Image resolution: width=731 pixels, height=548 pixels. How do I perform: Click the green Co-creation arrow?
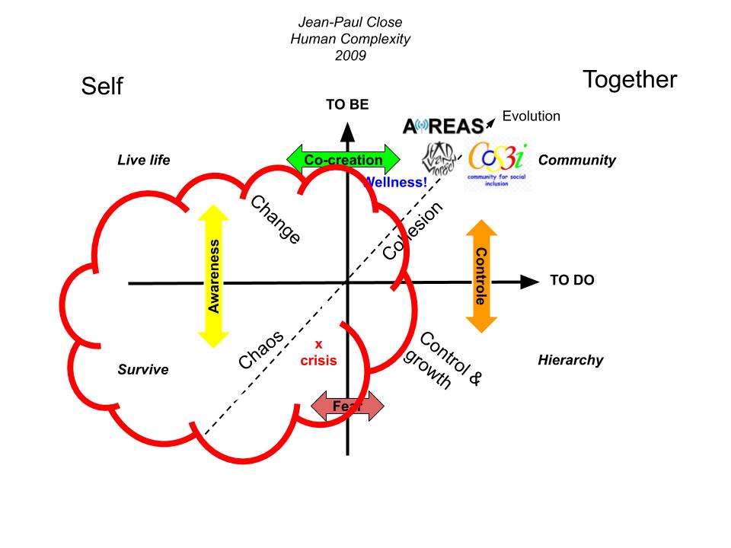click(x=343, y=160)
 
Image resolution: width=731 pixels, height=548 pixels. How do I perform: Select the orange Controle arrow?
click(x=480, y=276)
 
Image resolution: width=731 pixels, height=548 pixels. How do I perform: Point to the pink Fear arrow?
click(x=348, y=406)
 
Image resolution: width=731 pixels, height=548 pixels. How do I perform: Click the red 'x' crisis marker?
click(x=318, y=344)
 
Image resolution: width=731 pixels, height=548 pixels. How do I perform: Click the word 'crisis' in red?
click(x=318, y=360)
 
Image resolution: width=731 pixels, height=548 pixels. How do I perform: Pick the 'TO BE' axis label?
click(x=347, y=105)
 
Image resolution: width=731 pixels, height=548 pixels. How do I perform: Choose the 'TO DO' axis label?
click(x=572, y=280)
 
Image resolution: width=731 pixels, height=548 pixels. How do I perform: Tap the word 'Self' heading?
click(x=102, y=88)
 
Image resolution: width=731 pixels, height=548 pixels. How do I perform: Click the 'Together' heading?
click(x=629, y=79)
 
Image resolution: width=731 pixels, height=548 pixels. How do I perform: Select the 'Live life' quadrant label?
click(x=144, y=160)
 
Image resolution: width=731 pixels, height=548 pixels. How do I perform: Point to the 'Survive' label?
click(x=143, y=370)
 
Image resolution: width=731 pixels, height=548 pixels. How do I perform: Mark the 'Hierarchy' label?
click(x=570, y=360)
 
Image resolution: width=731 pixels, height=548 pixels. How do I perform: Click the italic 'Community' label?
click(x=576, y=160)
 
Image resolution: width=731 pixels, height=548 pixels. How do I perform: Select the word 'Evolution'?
click(x=531, y=116)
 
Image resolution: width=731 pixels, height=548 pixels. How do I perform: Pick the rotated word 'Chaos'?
click(x=261, y=349)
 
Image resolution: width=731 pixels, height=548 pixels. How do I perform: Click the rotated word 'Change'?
click(x=276, y=220)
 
